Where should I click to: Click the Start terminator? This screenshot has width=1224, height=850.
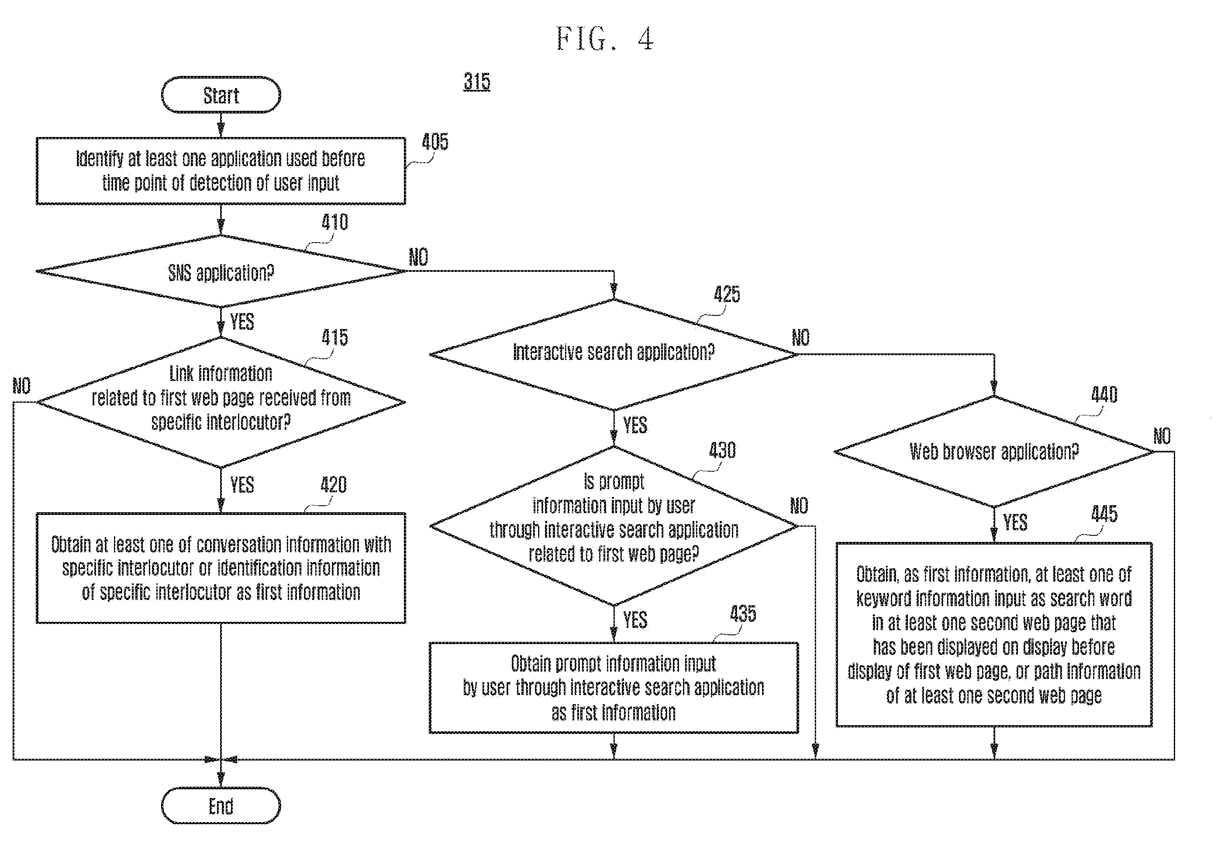(221, 95)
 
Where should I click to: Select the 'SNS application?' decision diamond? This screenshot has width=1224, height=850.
(221, 271)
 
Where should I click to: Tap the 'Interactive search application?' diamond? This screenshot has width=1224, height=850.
(614, 354)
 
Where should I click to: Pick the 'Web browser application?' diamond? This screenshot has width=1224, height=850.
(994, 452)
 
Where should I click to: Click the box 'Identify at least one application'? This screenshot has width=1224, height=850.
(221, 171)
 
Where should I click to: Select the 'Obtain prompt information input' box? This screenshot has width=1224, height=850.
(614, 688)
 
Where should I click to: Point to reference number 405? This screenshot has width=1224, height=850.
(435, 142)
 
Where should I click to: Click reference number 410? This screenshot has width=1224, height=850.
(334, 222)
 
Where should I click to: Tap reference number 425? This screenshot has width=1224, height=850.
(727, 294)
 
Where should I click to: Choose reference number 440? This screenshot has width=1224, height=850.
(1104, 394)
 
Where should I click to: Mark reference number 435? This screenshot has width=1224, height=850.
(743, 614)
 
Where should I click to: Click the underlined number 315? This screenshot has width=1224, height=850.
(477, 82)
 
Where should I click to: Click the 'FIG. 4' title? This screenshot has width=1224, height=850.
(605, 38)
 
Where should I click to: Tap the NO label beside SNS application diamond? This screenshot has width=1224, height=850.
(418, 257)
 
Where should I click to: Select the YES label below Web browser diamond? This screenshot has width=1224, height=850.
(1015, 522)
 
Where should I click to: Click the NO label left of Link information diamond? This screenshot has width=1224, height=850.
(22, 386)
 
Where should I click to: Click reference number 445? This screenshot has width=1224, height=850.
(1104, 514)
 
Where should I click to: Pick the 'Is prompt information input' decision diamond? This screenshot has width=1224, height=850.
(614, 526)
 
